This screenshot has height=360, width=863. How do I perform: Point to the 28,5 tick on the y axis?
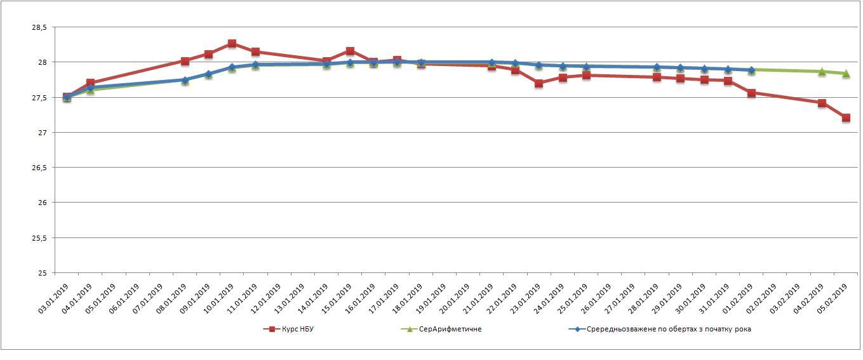[39, 28]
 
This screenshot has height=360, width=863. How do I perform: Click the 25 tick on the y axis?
[43, 273]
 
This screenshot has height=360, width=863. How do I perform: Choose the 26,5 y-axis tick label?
[39, 168]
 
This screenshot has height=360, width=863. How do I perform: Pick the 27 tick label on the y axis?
[43, 133]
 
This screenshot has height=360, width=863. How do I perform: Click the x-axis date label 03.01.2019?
[54, 299]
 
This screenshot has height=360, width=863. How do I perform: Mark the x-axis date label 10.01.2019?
[219, 299]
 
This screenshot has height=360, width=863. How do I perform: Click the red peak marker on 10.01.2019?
[232, 44]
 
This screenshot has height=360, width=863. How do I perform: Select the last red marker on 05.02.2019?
[846, 118]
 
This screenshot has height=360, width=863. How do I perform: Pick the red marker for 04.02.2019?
[822, 103]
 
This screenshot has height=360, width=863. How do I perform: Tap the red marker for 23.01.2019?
[539, 83]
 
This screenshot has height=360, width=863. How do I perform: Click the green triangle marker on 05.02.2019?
[846, 74]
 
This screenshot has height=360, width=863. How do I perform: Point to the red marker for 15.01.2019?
[350, 51]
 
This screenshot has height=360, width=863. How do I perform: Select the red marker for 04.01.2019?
[90, 83]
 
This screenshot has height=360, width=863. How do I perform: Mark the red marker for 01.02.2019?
[751, 93]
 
